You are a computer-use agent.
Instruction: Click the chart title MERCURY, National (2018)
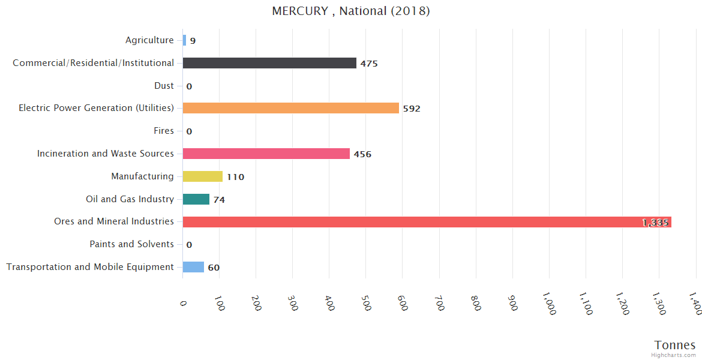(x=351, y=11)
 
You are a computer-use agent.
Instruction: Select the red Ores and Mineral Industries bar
(x=427, y=222)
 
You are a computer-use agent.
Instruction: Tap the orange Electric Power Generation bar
(x=290, y=108)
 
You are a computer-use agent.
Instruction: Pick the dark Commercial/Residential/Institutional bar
(x=269, y=63)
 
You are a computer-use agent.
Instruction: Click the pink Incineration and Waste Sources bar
(x=266, y=154)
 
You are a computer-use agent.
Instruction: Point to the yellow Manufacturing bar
(x=202, y=176)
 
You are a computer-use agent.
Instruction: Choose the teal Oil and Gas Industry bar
(x=196, y=199)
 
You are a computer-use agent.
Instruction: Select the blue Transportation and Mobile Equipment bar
(x=193, y=267)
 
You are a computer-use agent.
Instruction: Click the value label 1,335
(x=655, y=223)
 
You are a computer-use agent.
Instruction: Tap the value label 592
(x=412, y=109)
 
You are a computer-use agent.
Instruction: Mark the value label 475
(x=369, y=64)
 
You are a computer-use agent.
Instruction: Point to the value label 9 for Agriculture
(x=193, y=41)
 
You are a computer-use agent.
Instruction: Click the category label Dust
(x=164, y=86)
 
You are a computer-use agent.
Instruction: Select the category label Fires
(x=164, y=131)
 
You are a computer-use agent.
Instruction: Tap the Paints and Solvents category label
(x=131, y=244)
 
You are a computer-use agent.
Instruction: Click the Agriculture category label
(x=149, y=40)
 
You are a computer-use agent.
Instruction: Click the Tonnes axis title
(x=675, y=345)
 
